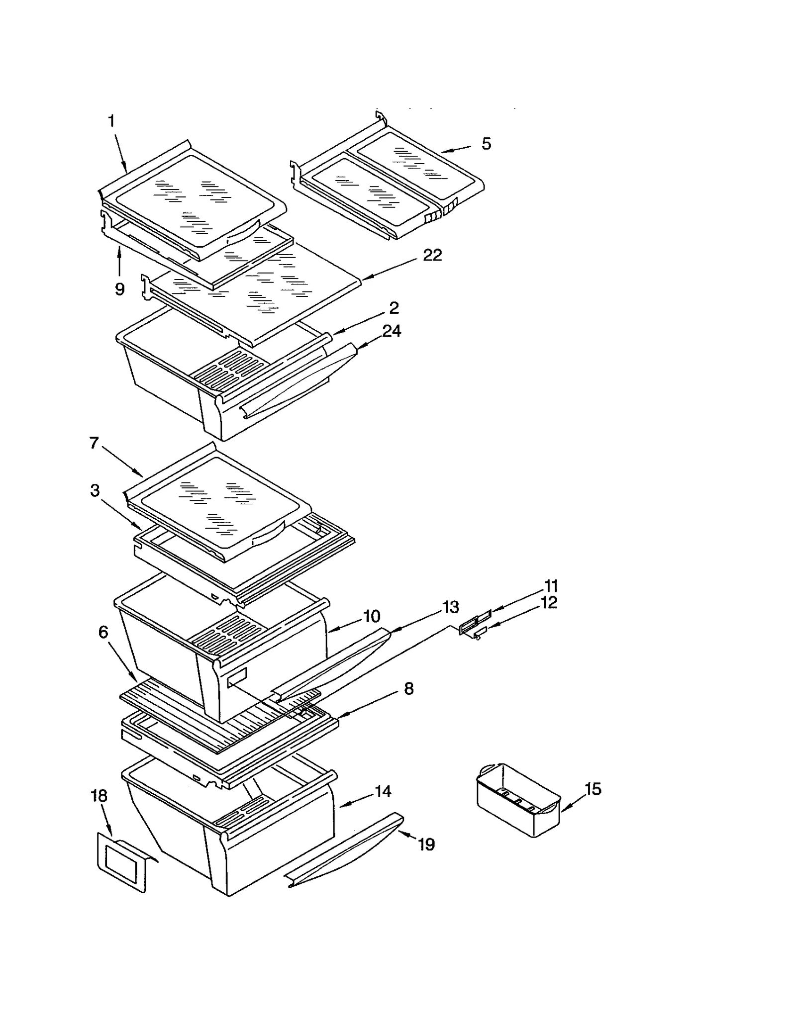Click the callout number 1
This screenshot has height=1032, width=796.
click(111, 121)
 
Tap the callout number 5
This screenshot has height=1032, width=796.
click(486, 144)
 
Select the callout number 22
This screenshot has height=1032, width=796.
click(432, 255)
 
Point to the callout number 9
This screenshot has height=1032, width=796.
click(119, 289)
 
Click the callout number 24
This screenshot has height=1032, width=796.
click(391, 331)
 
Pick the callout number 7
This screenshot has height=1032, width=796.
click(95, 442)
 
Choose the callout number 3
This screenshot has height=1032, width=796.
click(95, 490)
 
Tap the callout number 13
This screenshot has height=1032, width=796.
click(450, 607)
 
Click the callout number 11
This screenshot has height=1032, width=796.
click(551, 585)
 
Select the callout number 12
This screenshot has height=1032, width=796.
click(549, 602)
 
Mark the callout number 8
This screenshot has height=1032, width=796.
click(408, 688)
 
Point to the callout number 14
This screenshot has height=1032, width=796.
click(383, 791)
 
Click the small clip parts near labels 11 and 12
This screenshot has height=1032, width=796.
click(474, 628)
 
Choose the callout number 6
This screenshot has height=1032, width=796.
click(103, 632)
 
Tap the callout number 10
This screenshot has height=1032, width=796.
click(372, 616)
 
